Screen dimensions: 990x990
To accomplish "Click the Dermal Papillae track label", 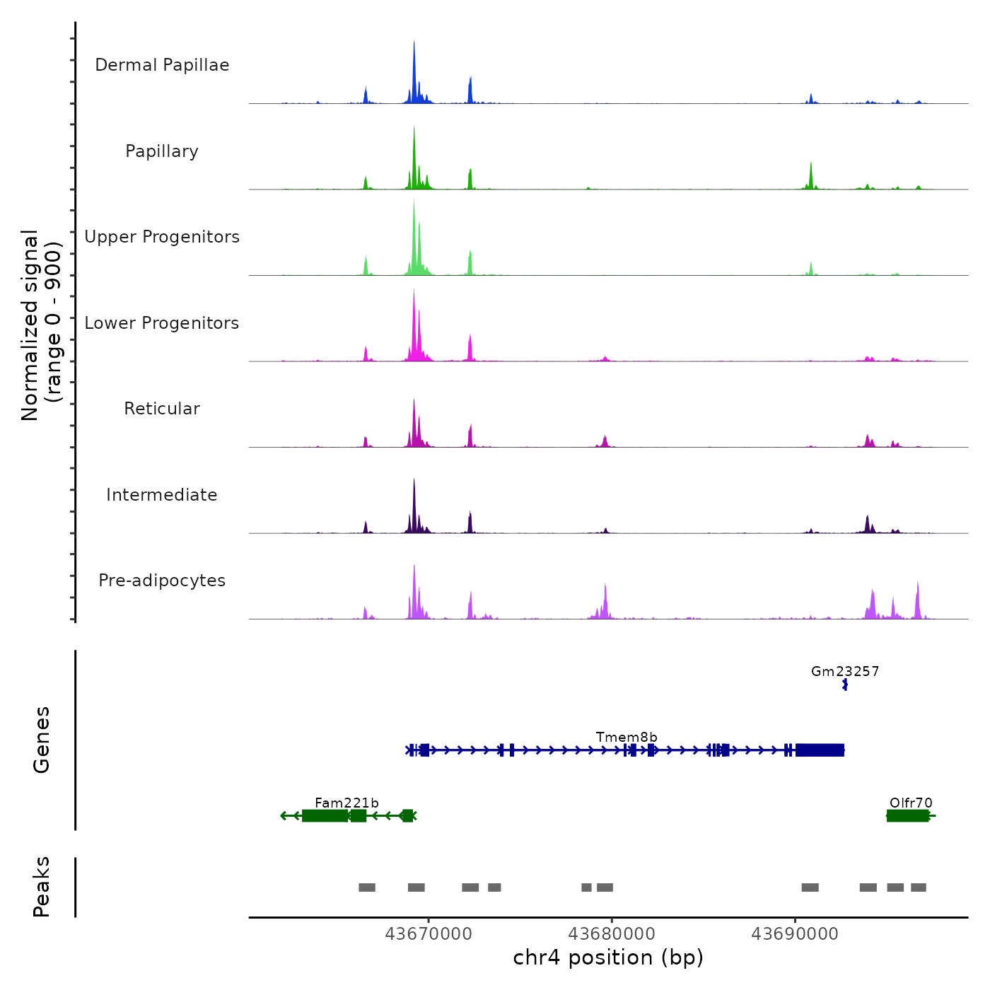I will (x=162, y=65).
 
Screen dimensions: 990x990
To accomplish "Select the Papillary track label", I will (x=162, y=151).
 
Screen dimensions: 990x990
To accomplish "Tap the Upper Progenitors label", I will (x=162, y=237).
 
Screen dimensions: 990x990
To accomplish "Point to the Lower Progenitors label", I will (x=162, y=323).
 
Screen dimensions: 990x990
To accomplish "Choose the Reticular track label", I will (x=162, y=409).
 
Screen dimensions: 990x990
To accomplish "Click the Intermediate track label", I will (x=162, y=495).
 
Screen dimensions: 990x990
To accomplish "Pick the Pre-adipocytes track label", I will (x=162, y=581).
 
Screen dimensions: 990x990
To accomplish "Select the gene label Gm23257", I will (x=845, y=672).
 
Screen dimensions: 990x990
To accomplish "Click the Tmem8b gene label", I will (x=627, y=738).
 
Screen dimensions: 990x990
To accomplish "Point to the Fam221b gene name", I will (x=346, y=803).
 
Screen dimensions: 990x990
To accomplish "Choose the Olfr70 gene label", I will (x=911, y=803).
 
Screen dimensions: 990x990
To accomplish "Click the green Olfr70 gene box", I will (x=908, y=816).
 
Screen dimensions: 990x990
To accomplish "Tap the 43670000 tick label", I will (x=429, y=934).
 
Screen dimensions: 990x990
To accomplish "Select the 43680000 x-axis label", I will (x=612, y=934).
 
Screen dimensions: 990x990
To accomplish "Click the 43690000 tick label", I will (x=795, y=934).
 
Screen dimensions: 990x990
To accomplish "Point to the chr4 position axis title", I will (x=608, y=957).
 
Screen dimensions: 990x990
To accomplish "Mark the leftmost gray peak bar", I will (x=367, y=887).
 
